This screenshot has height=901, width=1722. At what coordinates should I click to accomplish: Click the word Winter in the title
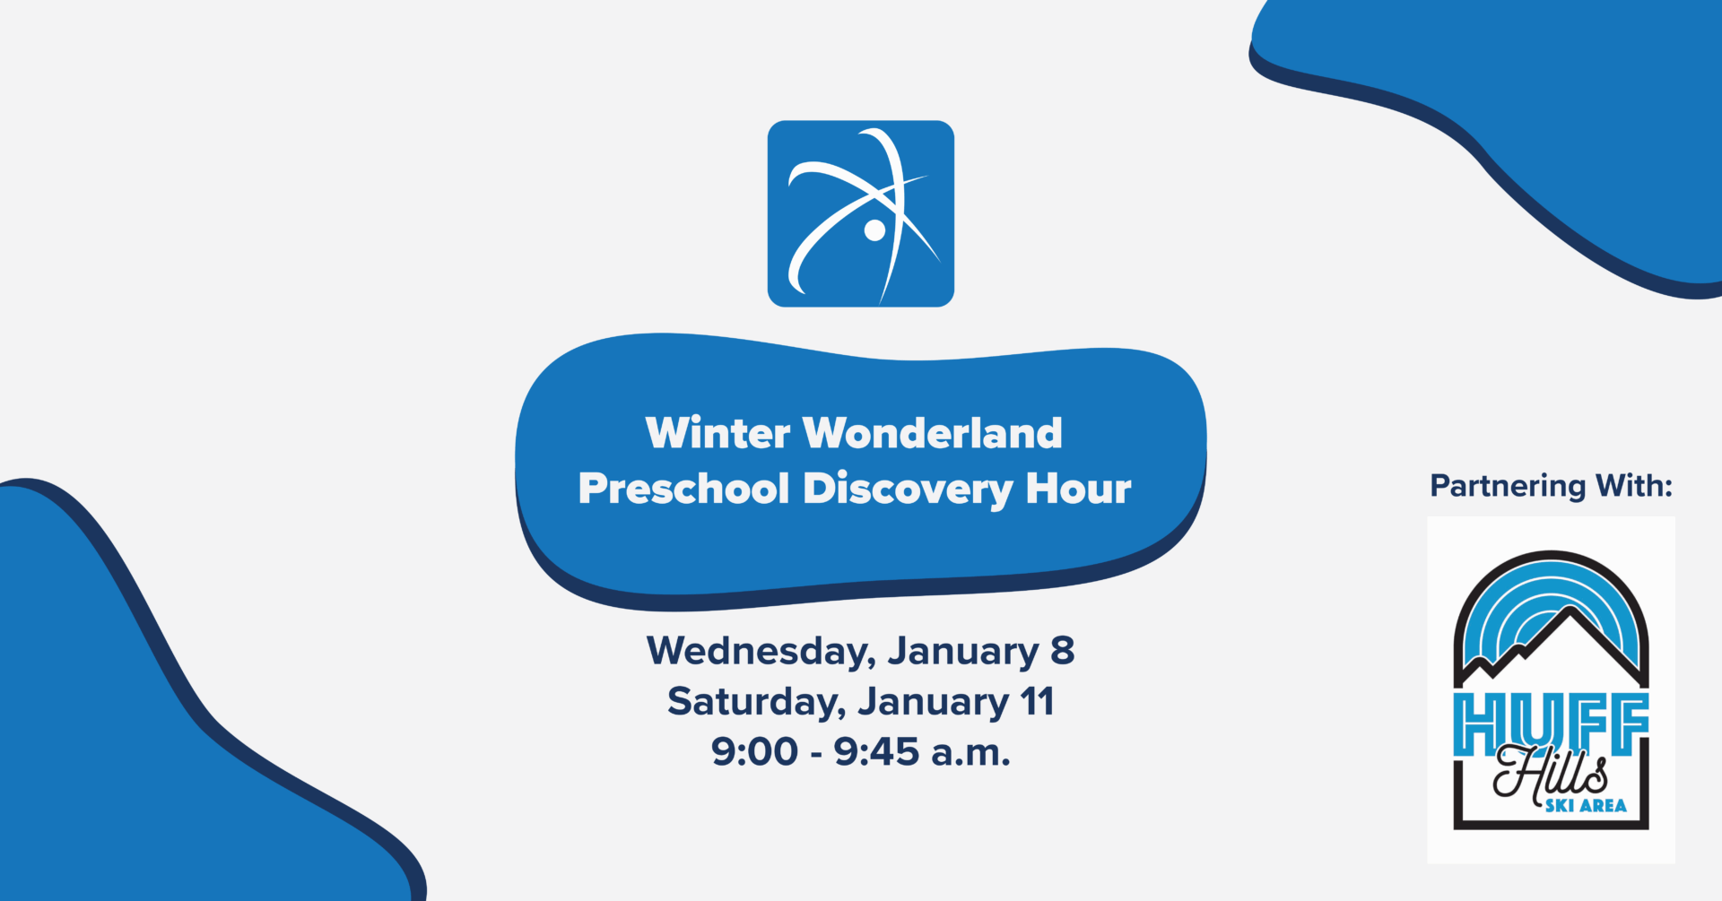(x=717, y=433)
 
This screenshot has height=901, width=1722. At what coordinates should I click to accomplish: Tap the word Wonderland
(x=933, y=433)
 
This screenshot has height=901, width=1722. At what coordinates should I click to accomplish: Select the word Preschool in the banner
(x=684, y=489)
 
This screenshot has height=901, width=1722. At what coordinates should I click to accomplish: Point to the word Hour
(x=1079, y=489)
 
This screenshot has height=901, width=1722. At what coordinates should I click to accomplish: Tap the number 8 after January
(x=1062, y=650)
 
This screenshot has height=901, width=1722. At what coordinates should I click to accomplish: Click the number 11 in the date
(x=1037, y=701)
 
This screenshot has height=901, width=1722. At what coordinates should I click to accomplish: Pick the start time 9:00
(x=754, y=751)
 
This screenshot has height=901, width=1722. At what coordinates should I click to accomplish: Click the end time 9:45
(x=876, y=751)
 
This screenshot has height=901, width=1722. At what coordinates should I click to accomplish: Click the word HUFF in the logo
(x=1551, y=723)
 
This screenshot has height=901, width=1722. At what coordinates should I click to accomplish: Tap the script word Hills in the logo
(x=1550, y=772)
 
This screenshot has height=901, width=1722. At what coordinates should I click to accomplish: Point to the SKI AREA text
(x=1585, y=806)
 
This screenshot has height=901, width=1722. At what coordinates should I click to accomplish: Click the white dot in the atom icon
(x=874, y=230)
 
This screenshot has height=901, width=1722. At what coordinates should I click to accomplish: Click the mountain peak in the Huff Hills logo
(x=1570, y=612)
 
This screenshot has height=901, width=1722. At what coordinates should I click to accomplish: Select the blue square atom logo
(x=861, y=213)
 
